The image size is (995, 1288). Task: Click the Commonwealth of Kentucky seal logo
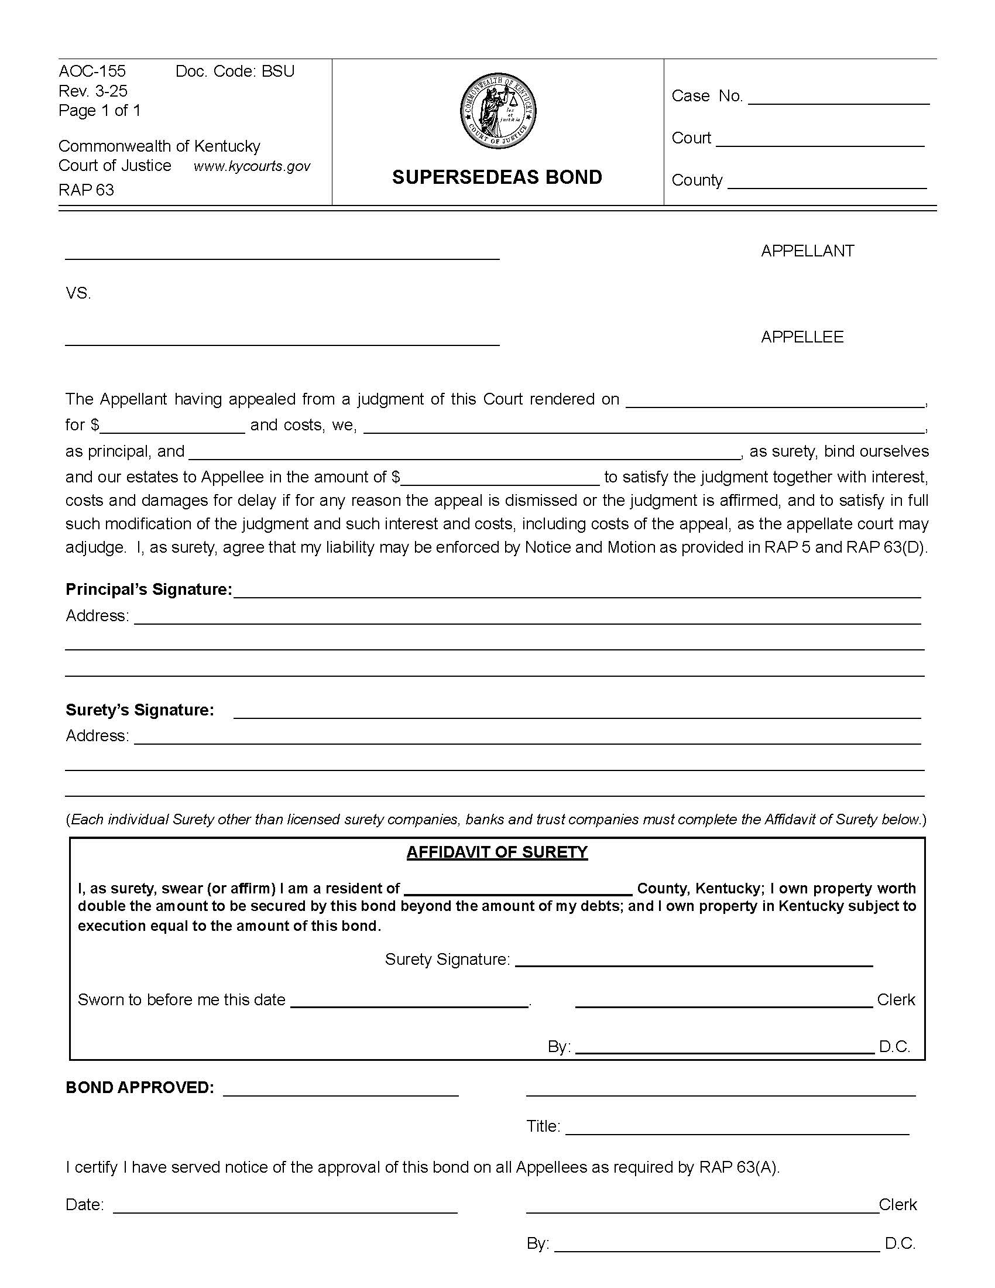click(498, 111)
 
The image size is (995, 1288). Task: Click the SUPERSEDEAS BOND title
click(497, 177)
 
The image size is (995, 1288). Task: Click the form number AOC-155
click(92, 71)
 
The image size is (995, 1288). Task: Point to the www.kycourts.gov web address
click(252, 166)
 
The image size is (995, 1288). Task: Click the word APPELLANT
click(807, 251)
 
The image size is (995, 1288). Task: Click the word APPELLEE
click(802, 337)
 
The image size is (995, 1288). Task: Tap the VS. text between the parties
click(78, 293)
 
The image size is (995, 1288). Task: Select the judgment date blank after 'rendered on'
click(774, 401)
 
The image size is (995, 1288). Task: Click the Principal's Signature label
click(149, 589)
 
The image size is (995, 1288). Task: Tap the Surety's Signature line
click(577, 712)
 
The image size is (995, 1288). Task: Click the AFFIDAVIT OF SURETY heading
click(497, 852)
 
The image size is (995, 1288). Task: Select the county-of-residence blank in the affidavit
click(518, 888)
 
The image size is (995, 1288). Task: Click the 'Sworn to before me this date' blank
click(410, 1000)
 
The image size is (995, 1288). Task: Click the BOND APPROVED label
click(140, 1088)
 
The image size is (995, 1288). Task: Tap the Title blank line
click(737, 1128)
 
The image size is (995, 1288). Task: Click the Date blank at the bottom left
click(284, 1205)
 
